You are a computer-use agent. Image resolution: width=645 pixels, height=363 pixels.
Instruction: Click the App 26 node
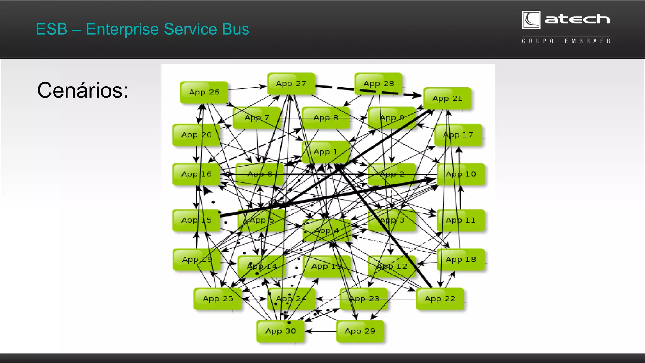tap(204, 92)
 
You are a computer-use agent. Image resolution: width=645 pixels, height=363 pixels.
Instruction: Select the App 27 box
tap(291, 84)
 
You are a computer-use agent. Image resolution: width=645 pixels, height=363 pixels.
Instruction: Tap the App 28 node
tap(378, 84)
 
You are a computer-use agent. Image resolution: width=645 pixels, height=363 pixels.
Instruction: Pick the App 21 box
tap(447, 99)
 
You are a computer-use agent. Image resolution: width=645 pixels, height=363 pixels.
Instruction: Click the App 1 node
tap(325, 152)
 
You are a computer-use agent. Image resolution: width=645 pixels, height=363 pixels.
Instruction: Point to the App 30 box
tap(280, 331)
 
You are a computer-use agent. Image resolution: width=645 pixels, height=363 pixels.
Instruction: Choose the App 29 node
tap(360, 331)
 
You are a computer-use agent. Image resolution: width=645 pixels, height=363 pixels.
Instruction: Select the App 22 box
tap(440, 299)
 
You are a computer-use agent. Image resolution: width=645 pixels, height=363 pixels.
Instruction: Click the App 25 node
tap(218, 299)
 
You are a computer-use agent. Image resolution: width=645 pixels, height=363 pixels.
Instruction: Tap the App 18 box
tap(460, 259)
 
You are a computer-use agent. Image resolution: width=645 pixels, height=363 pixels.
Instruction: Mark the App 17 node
tap(458, 135)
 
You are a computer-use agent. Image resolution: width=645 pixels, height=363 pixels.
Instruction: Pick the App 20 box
tap(196, 135)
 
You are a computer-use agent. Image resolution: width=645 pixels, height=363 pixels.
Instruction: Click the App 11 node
tap(460, 220)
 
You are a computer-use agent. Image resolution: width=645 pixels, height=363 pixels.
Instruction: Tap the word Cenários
tap(83, 91)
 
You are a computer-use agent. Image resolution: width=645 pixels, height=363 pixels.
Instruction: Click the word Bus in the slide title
tap(235, 29)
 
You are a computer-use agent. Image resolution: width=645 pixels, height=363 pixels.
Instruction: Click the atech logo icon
tap(531, 20)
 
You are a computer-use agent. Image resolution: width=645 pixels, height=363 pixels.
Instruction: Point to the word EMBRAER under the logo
tap(587, 41)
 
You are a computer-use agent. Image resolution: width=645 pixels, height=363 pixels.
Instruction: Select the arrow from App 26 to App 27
tap(247, 88)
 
